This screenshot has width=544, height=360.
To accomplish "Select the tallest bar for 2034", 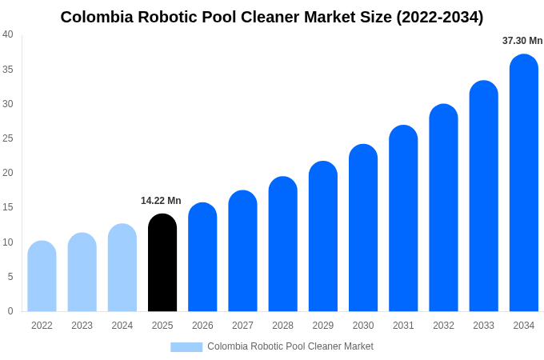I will [523, 183].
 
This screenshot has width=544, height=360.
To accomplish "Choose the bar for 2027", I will [242, 251].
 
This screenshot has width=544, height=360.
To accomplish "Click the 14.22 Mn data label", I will [161, 201].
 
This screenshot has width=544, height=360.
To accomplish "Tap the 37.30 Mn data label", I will [522, 41].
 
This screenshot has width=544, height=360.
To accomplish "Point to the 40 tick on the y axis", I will [8, 34].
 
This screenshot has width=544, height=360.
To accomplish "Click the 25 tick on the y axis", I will [8, 138].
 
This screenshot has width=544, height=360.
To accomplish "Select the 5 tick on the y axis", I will [10, 277].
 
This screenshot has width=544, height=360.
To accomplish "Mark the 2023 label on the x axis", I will [82, 326].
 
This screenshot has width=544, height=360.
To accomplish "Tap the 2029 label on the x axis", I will [323, 326].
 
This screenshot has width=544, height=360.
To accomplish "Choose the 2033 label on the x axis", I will [483, 326].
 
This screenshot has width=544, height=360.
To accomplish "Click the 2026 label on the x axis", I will [202, 326].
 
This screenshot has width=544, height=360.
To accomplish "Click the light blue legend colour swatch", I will [186, 346].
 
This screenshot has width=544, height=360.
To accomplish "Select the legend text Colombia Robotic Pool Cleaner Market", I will [290, 346].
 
